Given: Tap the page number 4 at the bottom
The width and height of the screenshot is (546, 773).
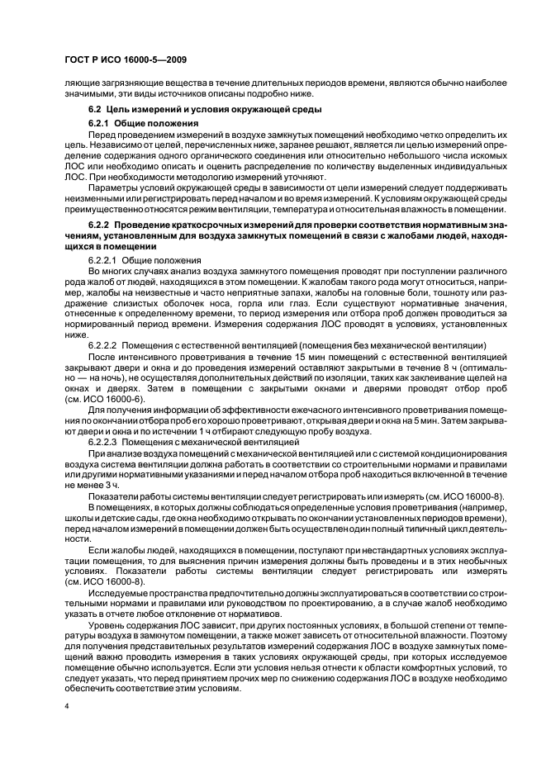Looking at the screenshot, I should pos(65,706).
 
